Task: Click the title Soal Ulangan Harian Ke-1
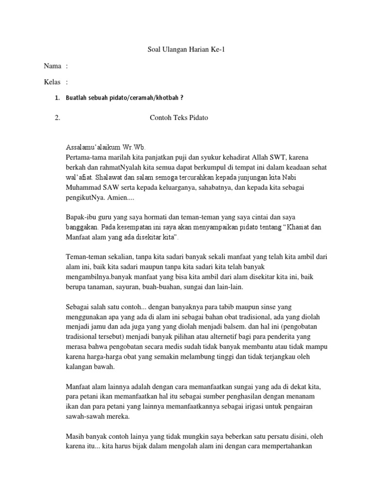[186, 50]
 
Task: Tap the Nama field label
[52, 66]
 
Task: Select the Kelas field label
[52, 82]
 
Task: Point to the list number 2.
[57, 118]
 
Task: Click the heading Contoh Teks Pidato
[179, 118]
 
